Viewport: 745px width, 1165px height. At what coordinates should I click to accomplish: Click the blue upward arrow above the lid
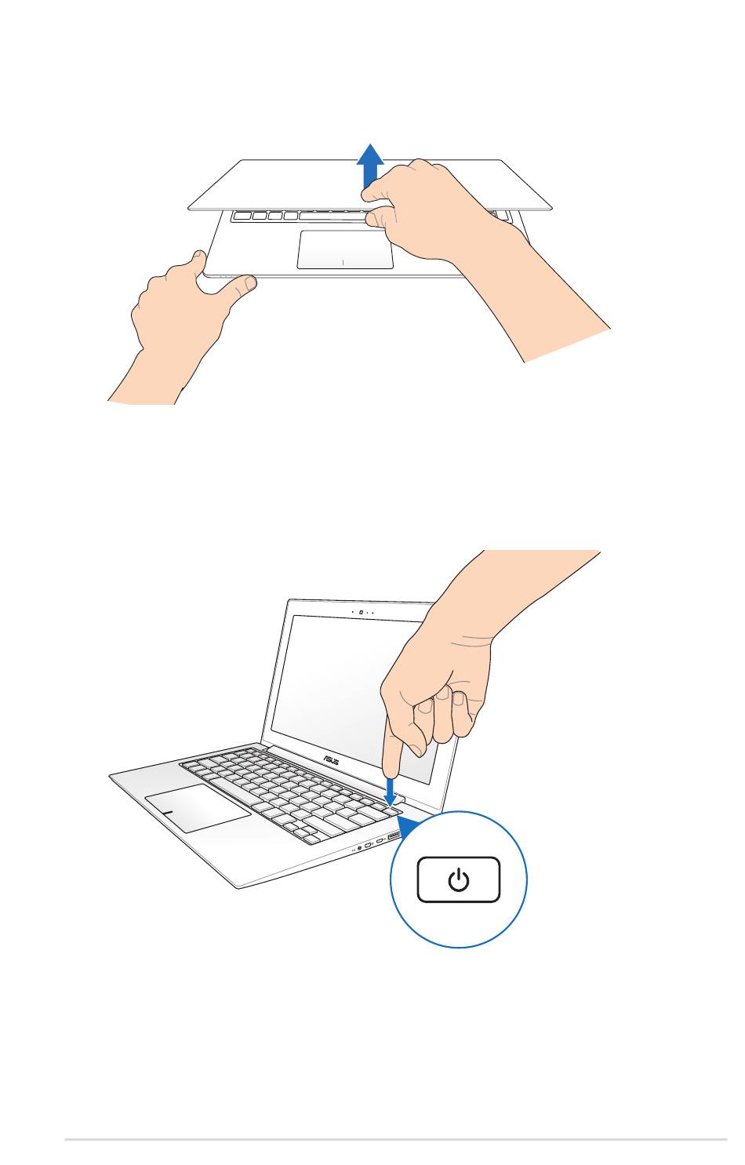coord(369,166)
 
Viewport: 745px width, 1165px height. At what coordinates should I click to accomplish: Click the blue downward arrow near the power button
coord(390,791)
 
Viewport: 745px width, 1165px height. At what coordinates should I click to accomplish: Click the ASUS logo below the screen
coord(331,761)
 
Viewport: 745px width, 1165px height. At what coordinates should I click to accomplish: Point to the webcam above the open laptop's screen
coord(361,612)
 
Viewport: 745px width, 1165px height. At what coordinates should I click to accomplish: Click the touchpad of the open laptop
coord(197,808)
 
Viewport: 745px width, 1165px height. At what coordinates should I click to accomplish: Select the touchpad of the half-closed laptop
coord(345,249)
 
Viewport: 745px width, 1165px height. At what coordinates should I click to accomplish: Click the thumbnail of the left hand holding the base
coord(251,283)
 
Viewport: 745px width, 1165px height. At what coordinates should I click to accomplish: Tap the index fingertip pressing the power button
coord(391,769)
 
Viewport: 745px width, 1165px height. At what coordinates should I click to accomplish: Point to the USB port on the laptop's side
coord(394,836)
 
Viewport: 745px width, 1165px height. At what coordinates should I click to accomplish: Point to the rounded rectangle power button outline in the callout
coord(459,880)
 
